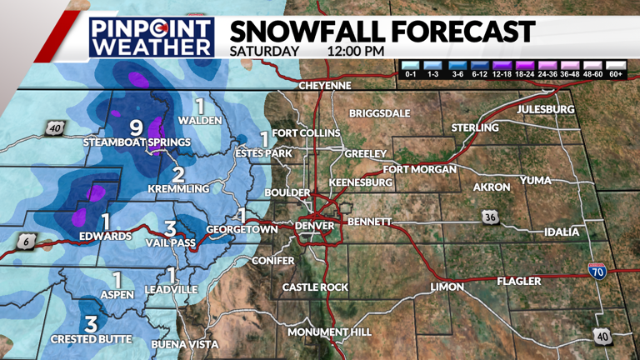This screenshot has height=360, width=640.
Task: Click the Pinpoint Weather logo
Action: (x=152, y=36)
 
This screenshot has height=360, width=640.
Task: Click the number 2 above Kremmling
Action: (x=177, y=174)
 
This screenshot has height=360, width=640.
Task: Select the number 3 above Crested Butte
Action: (x=91, y=324)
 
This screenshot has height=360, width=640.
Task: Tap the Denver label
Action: (x=315, y=226)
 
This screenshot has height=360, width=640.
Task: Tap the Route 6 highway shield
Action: (x=23, y=242)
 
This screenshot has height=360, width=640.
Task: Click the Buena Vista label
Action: (x=184, y=344)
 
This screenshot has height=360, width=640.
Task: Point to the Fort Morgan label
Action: (x=420, y=169)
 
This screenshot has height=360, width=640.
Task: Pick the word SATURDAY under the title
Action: (x=264, y=51)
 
